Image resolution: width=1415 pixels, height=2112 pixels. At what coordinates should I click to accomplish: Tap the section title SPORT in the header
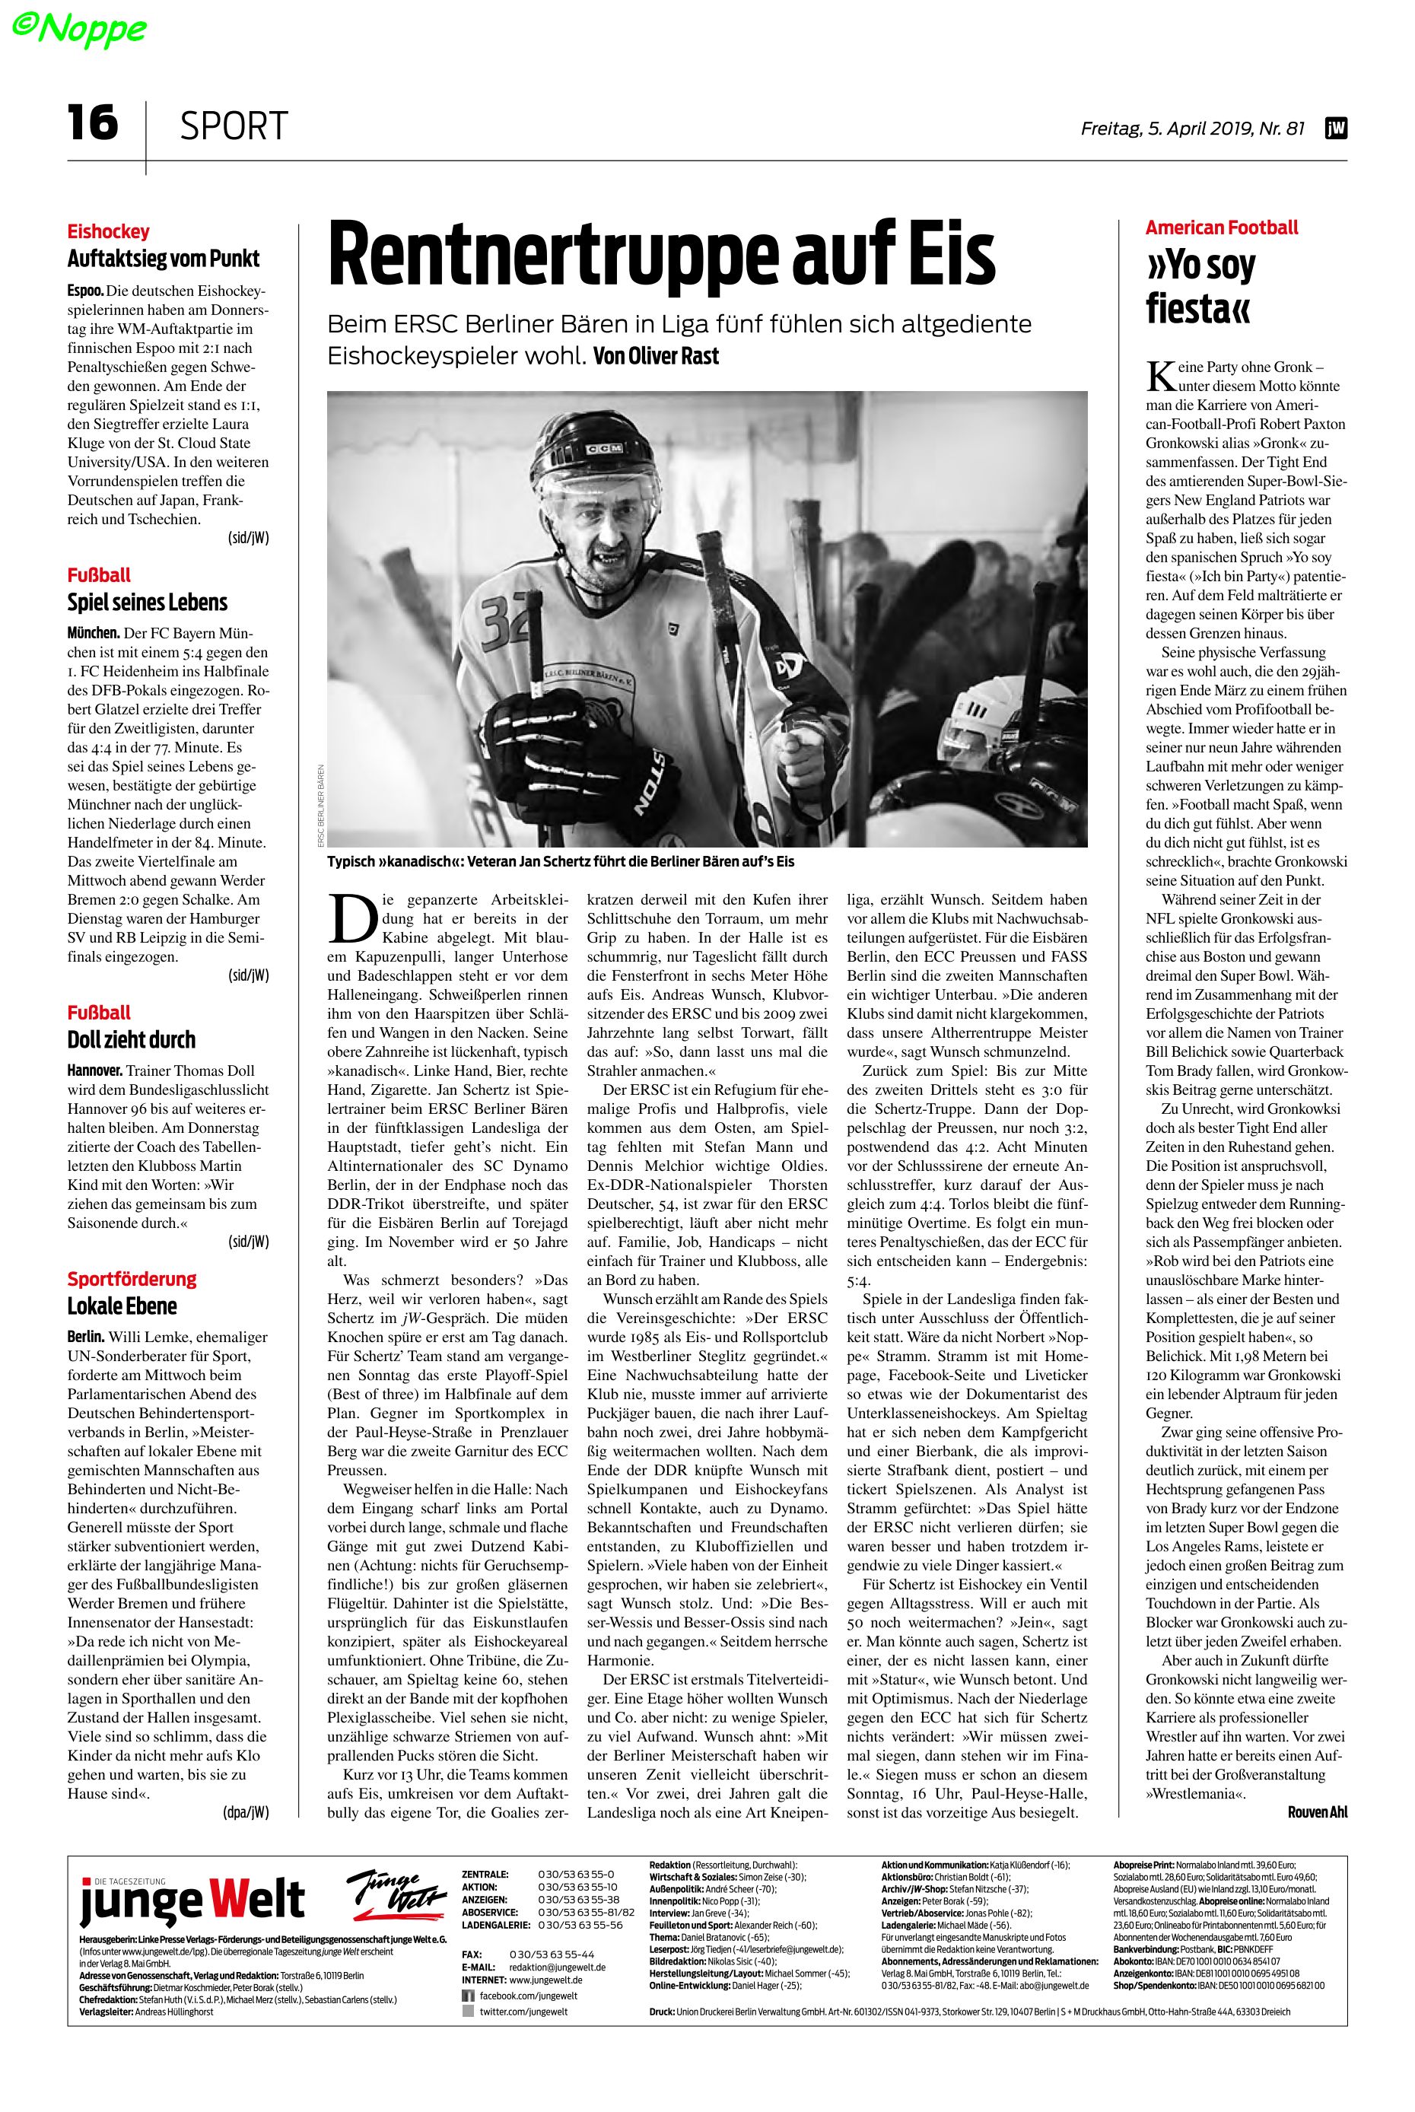pos(234,126)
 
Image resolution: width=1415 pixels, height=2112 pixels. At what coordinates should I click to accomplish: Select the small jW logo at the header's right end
pos(1336,129)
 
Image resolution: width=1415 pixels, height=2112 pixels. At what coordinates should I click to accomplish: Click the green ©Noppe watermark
pos(78,29)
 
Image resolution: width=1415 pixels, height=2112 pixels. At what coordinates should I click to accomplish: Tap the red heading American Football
pos(1222,227)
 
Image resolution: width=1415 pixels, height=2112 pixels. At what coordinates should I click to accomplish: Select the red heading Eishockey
pos(108,231)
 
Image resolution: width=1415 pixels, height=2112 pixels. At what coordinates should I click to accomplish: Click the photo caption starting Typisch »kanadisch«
pos(561,861)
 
